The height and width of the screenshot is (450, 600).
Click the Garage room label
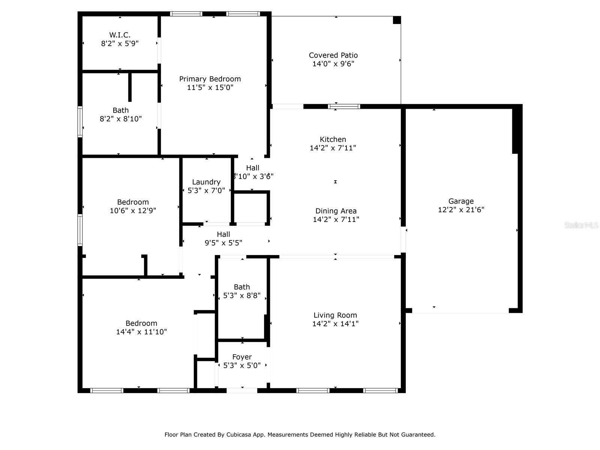click(x=461, y=201)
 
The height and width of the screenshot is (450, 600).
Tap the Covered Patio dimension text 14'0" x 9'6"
click(x=333, y=64)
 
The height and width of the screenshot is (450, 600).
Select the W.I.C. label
click(x=120, y=35)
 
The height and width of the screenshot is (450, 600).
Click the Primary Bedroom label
click(x=210, y=79)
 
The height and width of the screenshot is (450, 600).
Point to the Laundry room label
click(x=206, y=182)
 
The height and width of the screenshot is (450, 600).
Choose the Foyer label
click(x=242, y=357)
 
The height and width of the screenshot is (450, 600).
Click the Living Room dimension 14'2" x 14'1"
click(x=335, y=324)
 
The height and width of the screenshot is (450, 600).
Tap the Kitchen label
click(x=333, y=139)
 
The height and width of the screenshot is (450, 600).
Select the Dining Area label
click(x=336, y=211)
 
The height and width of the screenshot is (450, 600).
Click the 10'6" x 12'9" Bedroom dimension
click(x=133, y=211)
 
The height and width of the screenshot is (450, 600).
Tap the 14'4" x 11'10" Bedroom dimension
click(x=141, y=332)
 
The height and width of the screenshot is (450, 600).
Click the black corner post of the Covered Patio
click(x=397, y=20)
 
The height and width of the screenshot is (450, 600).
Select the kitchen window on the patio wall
click(x=344, y=106)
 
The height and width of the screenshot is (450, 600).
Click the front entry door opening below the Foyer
click(x=242, y=390)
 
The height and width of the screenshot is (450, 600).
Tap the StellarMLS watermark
click(x=581, y=225)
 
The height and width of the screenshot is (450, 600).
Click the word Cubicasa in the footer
click(x=239, y=435)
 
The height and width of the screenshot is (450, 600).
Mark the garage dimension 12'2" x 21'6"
click(x=461, y=210)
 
